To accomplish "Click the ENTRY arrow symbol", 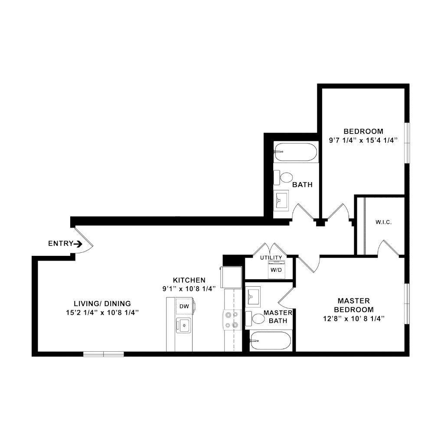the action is tap(78, 244).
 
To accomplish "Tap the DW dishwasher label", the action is tap(184, 307).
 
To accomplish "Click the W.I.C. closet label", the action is tap(383, 222).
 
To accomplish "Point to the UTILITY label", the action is tap(271, 258).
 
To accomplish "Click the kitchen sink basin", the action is tap(183, 325).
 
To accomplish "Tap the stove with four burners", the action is tap(232, 320).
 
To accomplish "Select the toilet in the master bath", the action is tap(255, 319).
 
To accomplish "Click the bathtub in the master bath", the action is tap(271, 341).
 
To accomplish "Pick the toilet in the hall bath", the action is tap(283, 177).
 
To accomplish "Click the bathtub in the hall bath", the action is tap(296, 152).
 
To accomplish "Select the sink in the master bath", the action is tap(253, 297).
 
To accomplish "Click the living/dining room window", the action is tap(104, 354).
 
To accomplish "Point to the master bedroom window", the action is tap(407, 304).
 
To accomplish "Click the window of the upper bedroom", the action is tap(407, 143).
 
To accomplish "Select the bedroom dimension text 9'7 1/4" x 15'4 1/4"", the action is tap(363, 140).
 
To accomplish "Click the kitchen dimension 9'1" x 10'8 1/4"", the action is tap(189, 289).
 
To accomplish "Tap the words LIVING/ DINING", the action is tap(102, 304).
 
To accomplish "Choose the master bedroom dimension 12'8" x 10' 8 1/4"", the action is tap(354, 319).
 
